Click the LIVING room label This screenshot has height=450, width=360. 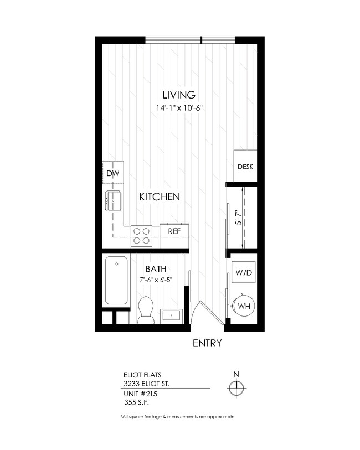tap(179, 94)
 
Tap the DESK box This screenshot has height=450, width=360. tap(245, 167)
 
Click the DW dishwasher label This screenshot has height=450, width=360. tap(112, 173)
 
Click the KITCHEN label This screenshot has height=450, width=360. tap(160, 196)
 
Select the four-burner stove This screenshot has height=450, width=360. tap(141, 236)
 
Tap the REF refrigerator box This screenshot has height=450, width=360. tap(174, 231)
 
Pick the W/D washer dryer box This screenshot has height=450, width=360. tap(243, 272)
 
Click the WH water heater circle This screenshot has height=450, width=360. tap(243, 305)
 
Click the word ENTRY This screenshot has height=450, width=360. tap(207, 344)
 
